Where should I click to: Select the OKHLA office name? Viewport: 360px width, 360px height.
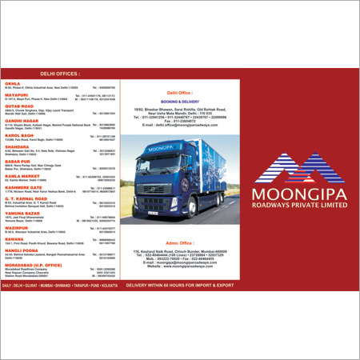(13, 83)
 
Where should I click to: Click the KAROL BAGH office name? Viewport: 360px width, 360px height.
(18, 135)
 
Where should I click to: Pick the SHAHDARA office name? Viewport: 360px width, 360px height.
(17, 146)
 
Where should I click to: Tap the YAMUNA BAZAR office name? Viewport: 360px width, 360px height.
(20, 212)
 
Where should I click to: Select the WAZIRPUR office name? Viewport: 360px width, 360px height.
(17, 227)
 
